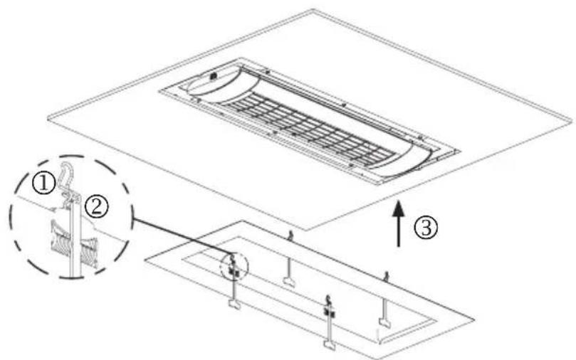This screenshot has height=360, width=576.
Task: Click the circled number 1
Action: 44,183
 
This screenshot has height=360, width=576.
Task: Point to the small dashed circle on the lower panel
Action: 234,268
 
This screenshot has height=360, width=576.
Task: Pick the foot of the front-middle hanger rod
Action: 330,345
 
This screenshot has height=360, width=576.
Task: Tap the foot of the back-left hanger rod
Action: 288,282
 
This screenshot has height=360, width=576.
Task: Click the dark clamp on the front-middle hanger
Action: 328,312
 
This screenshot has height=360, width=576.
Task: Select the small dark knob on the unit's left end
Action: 214,75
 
